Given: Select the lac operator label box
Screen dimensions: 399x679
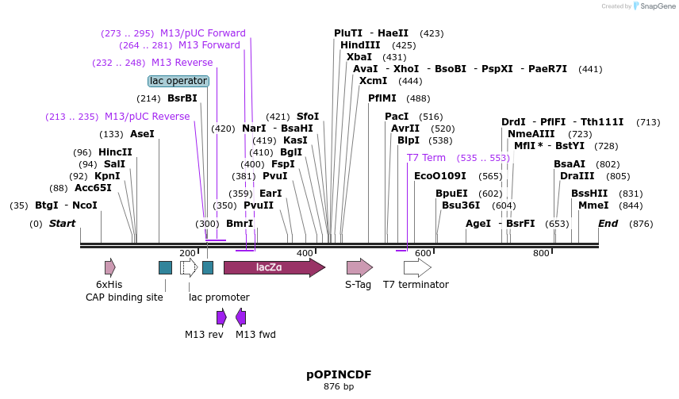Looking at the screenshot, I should point(178,81).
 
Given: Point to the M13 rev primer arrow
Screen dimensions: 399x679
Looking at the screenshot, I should point(221,317).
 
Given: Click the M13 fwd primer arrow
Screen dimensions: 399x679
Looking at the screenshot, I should point(240,317).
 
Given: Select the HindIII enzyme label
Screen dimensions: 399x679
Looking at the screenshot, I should point(360,45).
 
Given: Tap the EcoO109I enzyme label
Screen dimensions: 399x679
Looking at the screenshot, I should point(440,176).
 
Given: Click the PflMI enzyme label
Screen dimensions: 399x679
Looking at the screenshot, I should point(382,98).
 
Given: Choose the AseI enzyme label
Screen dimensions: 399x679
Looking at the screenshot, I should point(142,134).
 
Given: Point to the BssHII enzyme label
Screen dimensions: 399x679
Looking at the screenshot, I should point(589,194).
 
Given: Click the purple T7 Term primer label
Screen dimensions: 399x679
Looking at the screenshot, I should point(426,158).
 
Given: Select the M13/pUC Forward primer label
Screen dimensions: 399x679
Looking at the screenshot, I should point(203,33).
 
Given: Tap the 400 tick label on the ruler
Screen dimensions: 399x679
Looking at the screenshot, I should point(305,253).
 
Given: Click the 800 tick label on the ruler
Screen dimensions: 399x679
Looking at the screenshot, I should point(541,253).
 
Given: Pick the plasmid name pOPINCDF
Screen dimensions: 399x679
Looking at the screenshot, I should point(339,374).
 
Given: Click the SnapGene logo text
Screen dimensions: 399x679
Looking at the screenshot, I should point(656,6).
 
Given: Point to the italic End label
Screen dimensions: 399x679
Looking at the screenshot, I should point(608,224).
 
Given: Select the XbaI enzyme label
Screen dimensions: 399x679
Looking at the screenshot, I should point(359,57).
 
